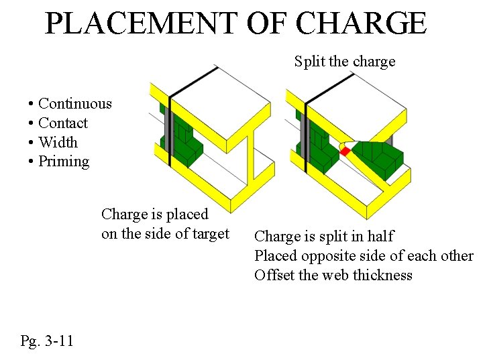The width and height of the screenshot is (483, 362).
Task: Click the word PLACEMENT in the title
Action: [141, 23]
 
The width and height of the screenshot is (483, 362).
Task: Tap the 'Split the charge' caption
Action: [345, 62]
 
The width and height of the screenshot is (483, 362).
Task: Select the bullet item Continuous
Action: [74, 104]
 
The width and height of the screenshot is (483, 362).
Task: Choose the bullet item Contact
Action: [63, 123]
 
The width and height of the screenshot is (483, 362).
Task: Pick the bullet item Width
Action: [58, 142]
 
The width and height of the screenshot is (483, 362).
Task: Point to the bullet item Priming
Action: [64, 162]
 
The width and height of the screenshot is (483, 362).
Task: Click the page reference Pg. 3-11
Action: [47, 341]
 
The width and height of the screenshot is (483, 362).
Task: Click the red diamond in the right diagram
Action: [345, 152]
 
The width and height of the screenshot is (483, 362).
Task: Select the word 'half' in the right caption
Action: [380, 237]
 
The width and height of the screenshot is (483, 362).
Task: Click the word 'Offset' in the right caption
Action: [274, 276]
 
